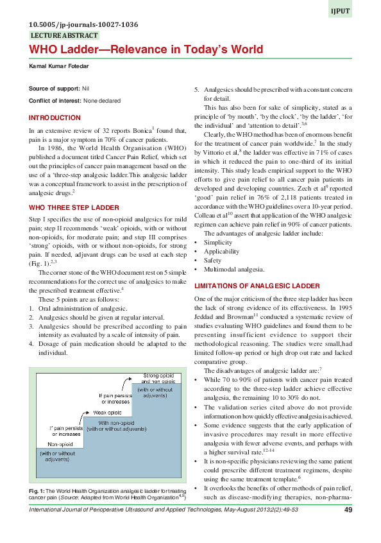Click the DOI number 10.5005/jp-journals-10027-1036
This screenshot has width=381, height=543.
tap(84, 25)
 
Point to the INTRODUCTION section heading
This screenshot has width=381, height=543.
tap(55, 118)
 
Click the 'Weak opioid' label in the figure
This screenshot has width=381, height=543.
tap(108, 412)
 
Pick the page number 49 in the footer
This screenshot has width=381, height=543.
tap(348, 510)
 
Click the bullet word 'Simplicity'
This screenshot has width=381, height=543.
tap(219, 243)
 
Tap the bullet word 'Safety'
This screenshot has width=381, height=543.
tap(214, 261)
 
